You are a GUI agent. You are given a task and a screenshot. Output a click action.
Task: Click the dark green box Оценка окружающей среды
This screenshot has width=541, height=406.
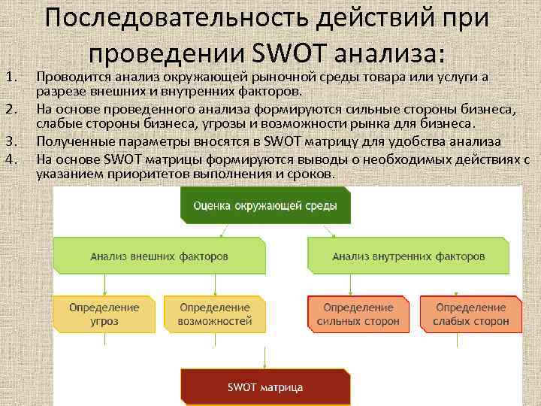(265, 205)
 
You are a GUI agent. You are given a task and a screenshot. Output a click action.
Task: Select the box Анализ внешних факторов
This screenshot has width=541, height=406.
(159, 256)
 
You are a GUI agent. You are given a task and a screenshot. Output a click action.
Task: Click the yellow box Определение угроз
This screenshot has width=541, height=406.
(104, 314)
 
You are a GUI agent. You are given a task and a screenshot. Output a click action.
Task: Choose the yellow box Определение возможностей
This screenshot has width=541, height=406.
(214, 314)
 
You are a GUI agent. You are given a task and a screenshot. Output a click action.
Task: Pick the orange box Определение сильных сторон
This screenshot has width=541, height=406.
(358, 314)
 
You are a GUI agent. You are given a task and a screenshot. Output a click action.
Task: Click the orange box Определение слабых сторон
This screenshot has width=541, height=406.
(470, 314)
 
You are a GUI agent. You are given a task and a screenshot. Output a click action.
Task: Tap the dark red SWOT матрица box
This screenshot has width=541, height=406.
(265, 387)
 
